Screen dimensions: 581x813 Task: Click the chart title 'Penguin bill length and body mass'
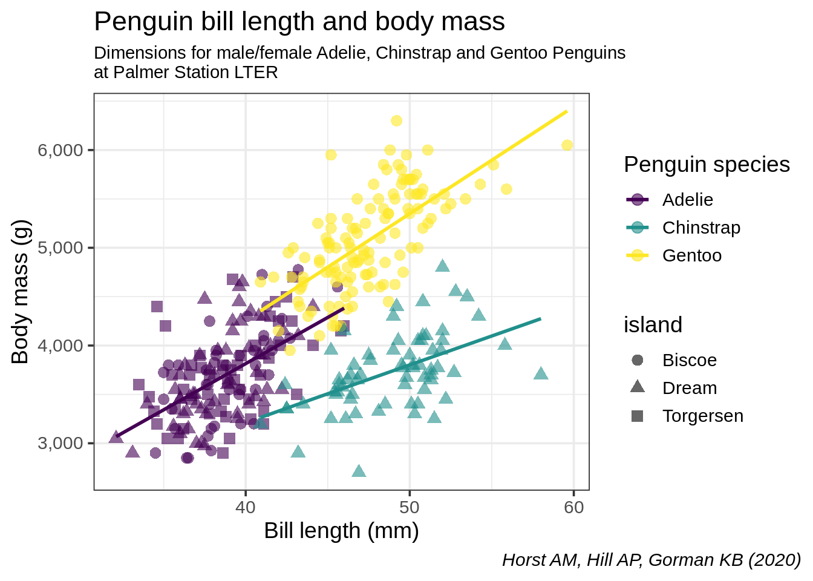pos(299,22)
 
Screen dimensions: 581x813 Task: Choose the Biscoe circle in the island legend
pos(637,360)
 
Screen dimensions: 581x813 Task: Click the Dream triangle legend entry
pos(637,387)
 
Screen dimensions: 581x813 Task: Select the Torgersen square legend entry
pos(637,416)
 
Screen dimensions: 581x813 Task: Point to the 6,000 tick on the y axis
pos(60,150)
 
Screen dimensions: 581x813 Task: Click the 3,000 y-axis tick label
pos(60,443)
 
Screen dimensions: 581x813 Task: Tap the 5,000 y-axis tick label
pos(60,248)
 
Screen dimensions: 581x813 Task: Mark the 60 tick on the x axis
pos(573,507)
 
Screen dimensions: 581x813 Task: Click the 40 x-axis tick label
pos(246,507)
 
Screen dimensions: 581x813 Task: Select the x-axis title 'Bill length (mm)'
pos(341,531)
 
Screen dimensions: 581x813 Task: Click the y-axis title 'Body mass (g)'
pos(21,291)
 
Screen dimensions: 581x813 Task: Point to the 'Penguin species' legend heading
pos(707,165)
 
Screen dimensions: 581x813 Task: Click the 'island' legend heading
pos(653,325)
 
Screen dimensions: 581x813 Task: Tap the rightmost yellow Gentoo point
pos(567,145)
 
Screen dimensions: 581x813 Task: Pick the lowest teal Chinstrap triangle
pos(359,471)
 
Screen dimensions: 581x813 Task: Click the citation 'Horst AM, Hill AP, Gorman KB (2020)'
pos(651,560)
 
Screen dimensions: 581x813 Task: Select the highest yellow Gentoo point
pos(396,121)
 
